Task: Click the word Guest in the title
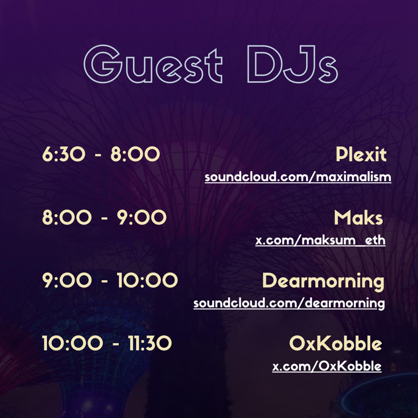(x=153, y=64)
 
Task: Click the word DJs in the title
(x=292, y=64)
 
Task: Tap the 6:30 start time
(x=63, y=154)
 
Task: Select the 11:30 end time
(x=150, y=343)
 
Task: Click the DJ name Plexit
(x=361, y=154)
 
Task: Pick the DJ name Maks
(x=358, y=218)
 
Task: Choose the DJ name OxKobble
(x=335, y=343)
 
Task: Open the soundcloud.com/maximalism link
(x=298, y=177)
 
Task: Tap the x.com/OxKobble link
(x=327, y=366)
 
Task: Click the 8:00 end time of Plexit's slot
(x=135, y=154)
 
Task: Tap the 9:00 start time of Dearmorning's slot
(x=67, y=281)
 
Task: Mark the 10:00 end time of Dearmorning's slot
(x=147, y=281)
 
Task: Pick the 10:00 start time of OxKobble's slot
(x=73, y=343)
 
